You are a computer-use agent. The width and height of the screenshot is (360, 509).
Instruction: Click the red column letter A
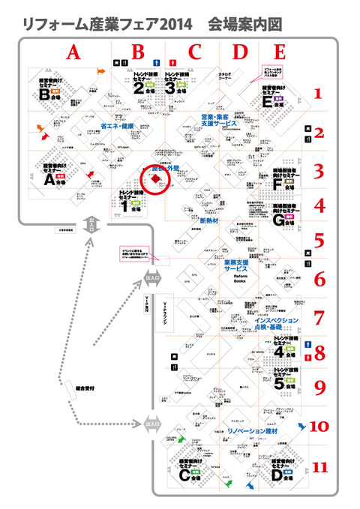click(72, 52)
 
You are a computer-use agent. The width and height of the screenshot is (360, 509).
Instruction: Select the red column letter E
click(280, 52)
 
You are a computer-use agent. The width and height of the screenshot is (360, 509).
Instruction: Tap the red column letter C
click(195, 52)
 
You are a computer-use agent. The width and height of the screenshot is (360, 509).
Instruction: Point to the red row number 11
click(320, 468)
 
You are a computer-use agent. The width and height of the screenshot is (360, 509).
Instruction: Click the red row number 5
click(318, 242)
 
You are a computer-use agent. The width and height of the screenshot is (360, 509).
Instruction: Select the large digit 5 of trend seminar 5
click(279, 385)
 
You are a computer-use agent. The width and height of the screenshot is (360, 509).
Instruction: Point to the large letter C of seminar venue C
click(184, 474)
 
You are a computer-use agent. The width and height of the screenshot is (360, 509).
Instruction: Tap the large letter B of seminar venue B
click(45, 96)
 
